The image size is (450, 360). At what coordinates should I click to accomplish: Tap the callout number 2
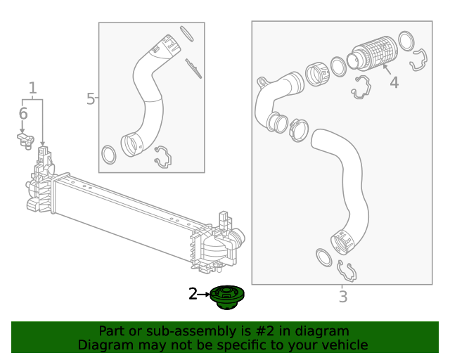click(x=193, y=295)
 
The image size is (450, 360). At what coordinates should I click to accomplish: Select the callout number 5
click(x=90, y=99)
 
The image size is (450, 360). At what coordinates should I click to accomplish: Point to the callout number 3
click(x=342, y=297)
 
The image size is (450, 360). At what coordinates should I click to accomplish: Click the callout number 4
click(x=394, y=83)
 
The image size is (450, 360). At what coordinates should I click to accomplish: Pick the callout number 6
click(x=22, y=114)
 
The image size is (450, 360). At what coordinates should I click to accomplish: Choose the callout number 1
click(x=32, y=88)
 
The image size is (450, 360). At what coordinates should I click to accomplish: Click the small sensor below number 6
click(x=25, y=140)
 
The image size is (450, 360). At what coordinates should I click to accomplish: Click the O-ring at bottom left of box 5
click(x=110, y=153)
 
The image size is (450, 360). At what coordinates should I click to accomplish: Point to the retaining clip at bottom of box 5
click(x=162, y=157)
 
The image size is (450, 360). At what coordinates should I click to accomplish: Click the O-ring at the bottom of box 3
click(x=323, y=257)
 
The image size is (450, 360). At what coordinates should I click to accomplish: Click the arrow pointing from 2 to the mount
click(x=205, y=295)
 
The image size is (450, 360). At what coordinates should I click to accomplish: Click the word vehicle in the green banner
click(x=344, y=345)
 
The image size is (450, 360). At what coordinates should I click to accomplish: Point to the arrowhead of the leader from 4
click(x=384, y=68)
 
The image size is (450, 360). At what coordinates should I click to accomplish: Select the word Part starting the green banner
click(x=112, y=331)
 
